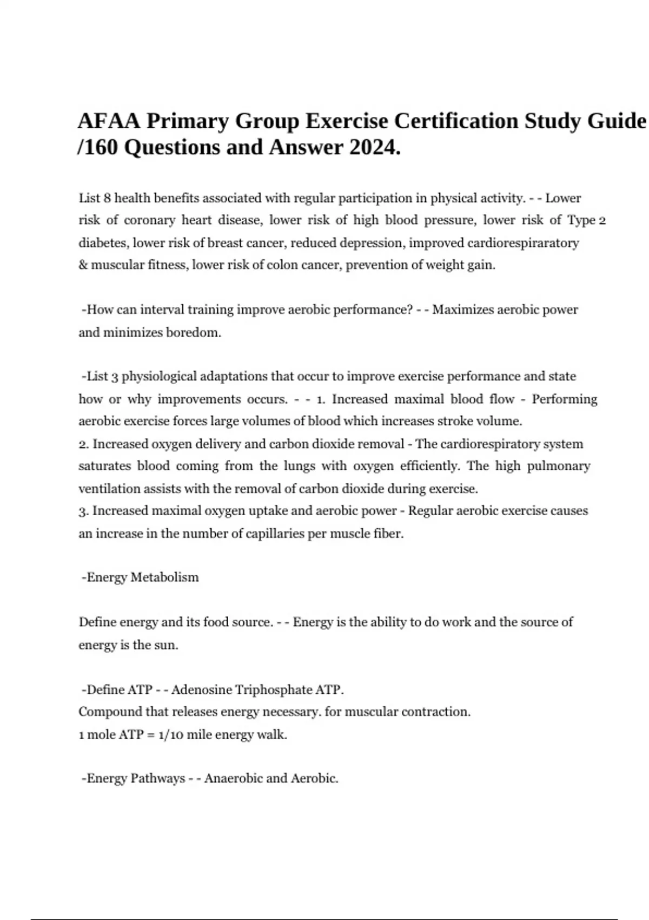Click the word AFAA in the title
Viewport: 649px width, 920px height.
point(109,121)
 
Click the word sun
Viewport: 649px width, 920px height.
point(166,645)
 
